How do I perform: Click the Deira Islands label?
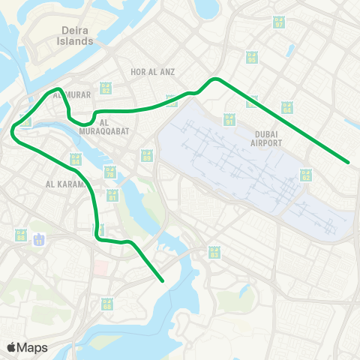coord(76,36)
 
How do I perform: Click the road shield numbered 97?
coord(280,22)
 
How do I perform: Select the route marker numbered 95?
coord(147,155)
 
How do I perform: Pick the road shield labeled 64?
coord(287,107)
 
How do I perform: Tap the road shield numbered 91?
coord(229,119)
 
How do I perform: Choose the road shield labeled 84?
coord(75,159)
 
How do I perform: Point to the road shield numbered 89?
coord(251,57)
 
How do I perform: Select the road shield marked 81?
coord(112,195)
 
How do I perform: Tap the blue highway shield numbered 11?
coord(40,241)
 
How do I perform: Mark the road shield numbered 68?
coord(107,304)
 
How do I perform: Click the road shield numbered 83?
coord(214,253)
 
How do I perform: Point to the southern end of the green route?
coord(163,281)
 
